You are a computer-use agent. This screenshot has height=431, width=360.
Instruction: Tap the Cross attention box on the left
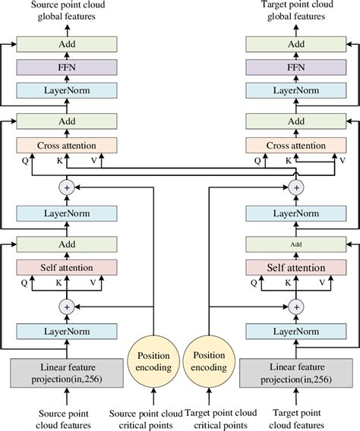coord(67,145)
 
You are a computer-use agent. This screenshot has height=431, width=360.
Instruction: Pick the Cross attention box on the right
coord(296,145)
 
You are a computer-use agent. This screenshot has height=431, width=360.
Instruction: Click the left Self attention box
coord(67,268)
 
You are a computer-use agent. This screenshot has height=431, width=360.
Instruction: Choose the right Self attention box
coord(296,268)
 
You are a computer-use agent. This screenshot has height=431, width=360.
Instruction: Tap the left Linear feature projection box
coord(67,373)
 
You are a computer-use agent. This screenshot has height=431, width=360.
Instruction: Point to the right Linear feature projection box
coord(296,373)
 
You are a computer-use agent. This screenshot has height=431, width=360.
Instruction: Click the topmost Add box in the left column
coord(67,45)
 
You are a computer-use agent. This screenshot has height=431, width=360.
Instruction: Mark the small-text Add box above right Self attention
coord(296,244)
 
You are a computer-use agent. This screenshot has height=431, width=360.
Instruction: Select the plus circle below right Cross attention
coord(296,186)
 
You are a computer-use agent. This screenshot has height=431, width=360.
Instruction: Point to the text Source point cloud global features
coord(67,11)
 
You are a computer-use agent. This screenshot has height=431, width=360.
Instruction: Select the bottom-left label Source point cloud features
coord(67,418)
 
